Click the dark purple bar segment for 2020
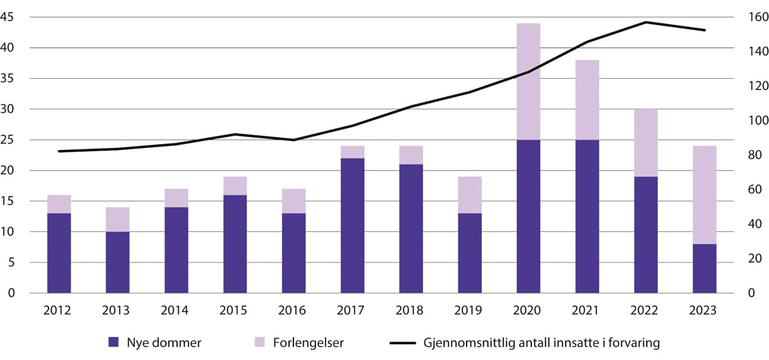[x=529, y=217]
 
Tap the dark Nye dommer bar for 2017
[x=352, y=225]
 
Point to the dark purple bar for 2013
[x=118, y=263]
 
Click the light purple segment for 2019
[x=470, y=195]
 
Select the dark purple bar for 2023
[x=705, y=268]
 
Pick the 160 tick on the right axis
[x=750, y=17]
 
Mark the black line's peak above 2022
[x=646, y=22]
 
